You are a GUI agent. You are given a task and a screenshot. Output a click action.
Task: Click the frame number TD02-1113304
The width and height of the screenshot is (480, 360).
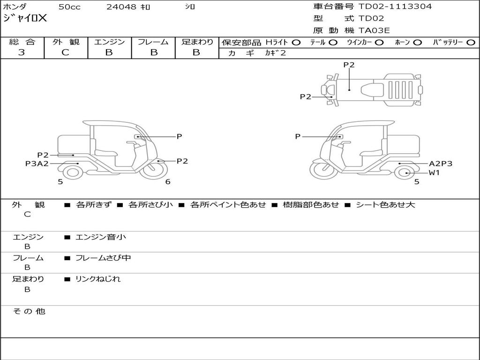click(x=395, y=7)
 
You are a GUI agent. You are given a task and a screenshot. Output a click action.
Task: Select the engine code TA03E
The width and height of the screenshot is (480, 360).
click(x=374, y=31)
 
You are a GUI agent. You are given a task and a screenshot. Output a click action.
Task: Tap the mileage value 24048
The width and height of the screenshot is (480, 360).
click(x=121, y=7)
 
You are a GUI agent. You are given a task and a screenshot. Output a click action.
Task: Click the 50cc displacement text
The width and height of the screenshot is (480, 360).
click(x=69, y=7)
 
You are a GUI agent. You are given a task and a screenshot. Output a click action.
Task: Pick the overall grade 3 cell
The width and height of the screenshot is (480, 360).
click(x=22, y=52)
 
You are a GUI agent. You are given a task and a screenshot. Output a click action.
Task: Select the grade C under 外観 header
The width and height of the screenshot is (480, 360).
click(x=66, y=52)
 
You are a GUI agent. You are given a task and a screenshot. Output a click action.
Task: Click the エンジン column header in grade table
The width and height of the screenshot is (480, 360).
click(x=109, y=42)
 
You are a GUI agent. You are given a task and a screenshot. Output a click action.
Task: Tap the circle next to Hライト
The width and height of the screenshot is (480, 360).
click(x=296, y=42)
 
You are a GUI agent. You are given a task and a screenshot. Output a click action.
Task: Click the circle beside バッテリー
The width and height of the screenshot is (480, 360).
click(x=470, y=42)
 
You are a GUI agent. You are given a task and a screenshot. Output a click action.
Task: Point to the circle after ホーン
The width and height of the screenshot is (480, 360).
click(x=417, y=42)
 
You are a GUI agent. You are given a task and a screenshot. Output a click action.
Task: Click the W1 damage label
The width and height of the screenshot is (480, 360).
click(x=434, y=172)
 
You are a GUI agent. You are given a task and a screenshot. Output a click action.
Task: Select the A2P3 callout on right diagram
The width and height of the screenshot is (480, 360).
click(x=441, y=164)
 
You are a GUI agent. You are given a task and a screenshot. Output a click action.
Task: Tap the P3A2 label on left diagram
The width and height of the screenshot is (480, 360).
click(x=37, y=164)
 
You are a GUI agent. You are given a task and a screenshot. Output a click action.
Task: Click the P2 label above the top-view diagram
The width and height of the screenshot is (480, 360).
click(x=349, y=65)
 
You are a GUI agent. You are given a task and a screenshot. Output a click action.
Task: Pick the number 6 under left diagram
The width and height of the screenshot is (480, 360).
click(x=168, y=182)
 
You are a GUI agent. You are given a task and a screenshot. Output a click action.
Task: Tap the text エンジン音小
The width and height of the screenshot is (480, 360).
click(x=101, y=237)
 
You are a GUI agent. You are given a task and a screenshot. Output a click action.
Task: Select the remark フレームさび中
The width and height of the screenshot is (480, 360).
click(x=103, y=258)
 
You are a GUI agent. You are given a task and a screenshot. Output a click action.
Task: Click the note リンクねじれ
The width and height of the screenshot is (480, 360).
click(x=98, y=279)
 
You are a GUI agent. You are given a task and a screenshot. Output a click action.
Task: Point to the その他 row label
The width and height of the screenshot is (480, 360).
click(x=29, y=311)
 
